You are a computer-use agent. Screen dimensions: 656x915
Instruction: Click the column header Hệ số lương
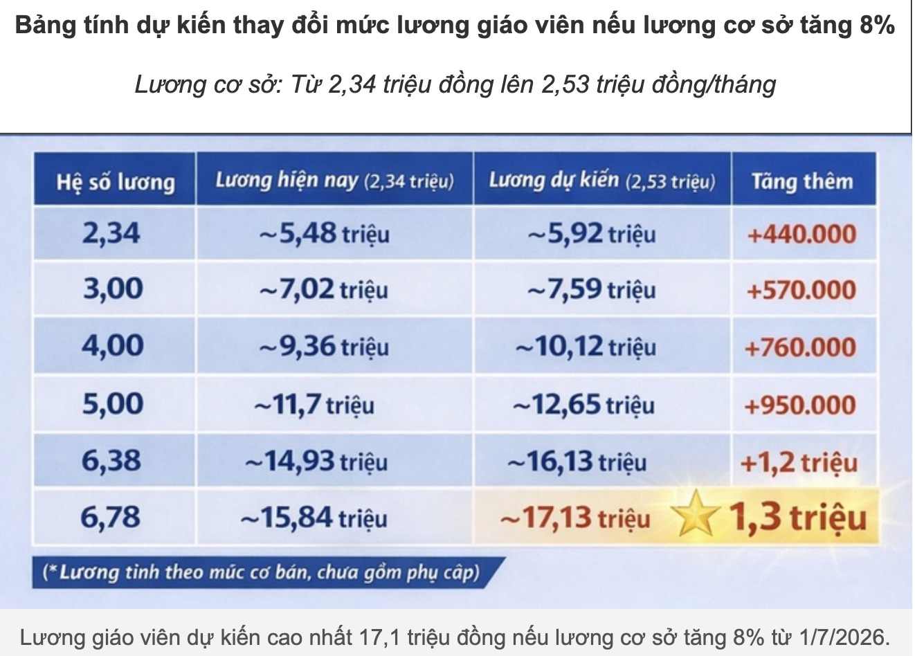point(115,182)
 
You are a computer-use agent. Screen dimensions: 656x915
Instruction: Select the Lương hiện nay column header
point(334,181)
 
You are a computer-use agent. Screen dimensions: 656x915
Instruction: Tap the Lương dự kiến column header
point(601,181)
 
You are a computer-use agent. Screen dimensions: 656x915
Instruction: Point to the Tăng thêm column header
point(802,181)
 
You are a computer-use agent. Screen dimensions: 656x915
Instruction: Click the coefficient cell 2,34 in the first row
point(111,233)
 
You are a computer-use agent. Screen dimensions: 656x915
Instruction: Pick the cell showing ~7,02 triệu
point(323,289)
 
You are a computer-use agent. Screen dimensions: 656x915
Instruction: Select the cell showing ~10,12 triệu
point(586,346)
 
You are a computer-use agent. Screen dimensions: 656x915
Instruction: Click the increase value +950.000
point(800,405)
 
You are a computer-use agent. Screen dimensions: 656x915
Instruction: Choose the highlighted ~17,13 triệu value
point(575,518)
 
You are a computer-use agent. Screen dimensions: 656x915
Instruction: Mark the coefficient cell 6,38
point(111,461)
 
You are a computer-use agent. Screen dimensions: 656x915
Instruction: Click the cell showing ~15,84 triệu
point(314,518)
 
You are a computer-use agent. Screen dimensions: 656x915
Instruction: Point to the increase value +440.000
point(801,234)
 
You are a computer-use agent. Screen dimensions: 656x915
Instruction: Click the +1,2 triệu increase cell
point(799,462)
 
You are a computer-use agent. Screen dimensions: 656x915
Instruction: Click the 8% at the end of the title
point(877,26)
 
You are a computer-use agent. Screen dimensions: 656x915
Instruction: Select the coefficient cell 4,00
point(113,346)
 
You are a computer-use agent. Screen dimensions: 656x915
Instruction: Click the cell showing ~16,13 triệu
point(577,462)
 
